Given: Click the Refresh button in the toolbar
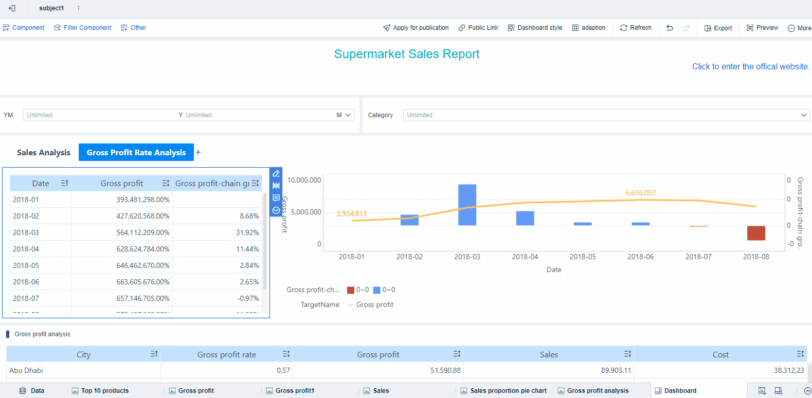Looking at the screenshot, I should click(636, 28).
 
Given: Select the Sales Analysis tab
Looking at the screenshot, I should click(43, 153).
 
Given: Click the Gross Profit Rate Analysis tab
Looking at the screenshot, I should click(136, 153).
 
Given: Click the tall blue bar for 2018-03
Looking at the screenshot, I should click(467, 205).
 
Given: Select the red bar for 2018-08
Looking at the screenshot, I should click(756, 233).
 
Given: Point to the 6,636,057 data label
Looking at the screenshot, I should click(640, 193).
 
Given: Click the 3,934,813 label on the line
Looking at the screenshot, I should click(352, 213).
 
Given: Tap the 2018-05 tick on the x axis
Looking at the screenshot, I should click(583, 257).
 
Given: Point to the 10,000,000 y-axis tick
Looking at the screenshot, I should click(304, 180).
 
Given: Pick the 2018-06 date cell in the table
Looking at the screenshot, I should click(26, 282).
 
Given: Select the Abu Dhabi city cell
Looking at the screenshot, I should click(26, 370).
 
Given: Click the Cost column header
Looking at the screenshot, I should click(720, 354).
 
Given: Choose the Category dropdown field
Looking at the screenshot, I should click(606, 115).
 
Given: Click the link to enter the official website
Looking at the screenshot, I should click(750, 67).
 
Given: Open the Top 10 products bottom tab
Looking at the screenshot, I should click(104, 391).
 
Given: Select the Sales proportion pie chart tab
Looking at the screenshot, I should click(508, 391).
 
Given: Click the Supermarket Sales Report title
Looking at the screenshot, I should click(406, 54).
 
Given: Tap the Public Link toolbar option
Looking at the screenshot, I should click(478, 28).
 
